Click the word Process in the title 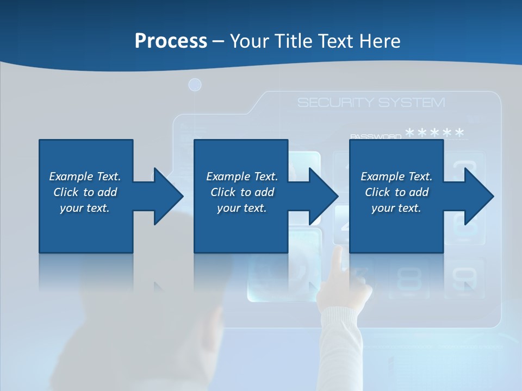pos(171,41)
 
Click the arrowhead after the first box pos(169,196)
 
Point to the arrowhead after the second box pos(324,196)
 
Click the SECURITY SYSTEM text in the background pos(371,103)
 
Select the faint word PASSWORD pos(376,136)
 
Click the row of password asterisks pos(435,133)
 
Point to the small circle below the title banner pos(195,85)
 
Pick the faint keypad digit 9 pos(463,279)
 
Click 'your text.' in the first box pos(85,208)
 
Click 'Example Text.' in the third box pos(396,176)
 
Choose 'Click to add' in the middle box pos(242,192)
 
